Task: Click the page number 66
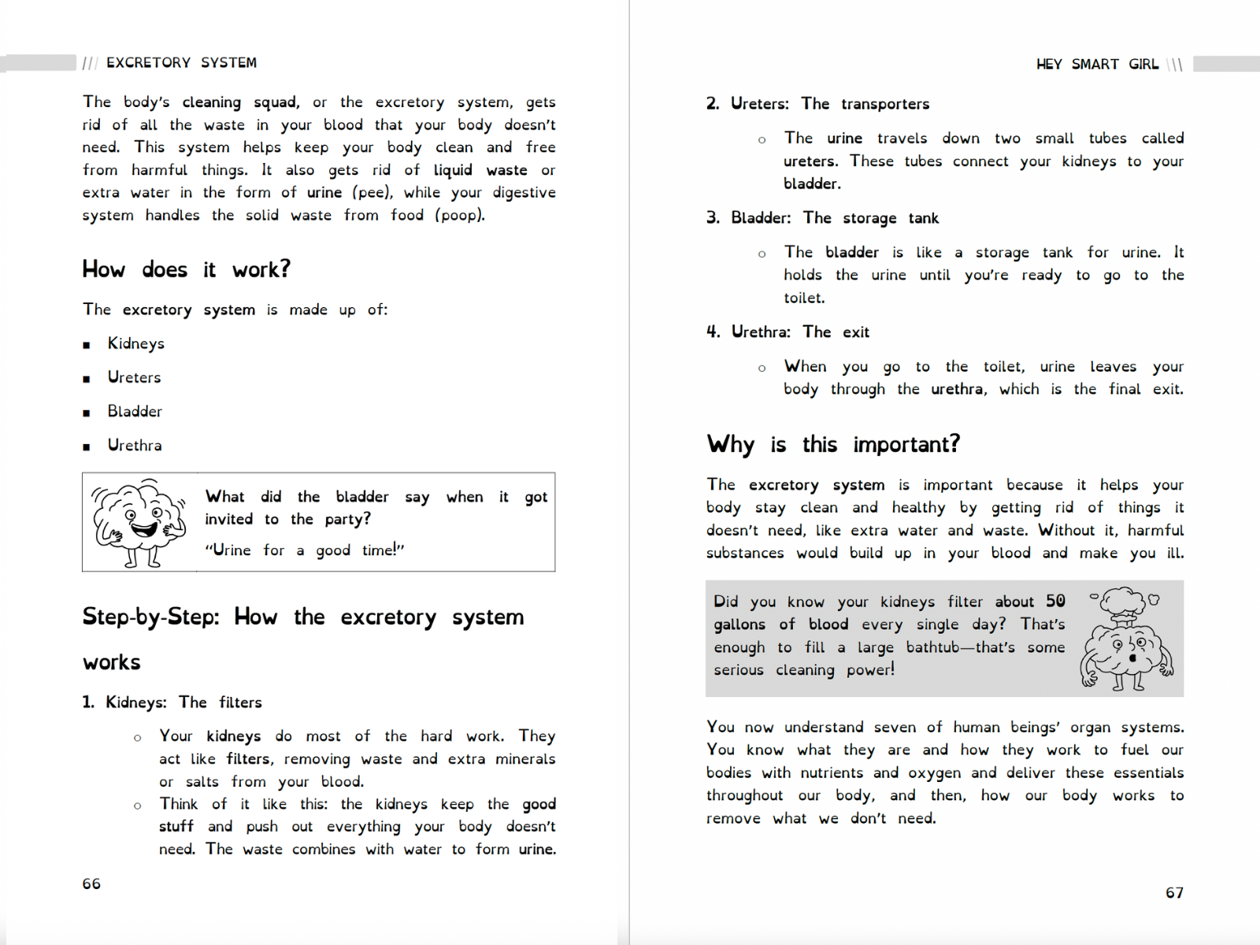(91, 884)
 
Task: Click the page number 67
(1174, 892)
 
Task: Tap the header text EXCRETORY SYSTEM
(181, 63)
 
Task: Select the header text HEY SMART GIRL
(1097, 65)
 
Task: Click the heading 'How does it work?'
(186, 269)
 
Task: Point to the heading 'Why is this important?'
(833, 444)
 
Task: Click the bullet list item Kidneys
(135, 343)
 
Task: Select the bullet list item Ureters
(134, 377)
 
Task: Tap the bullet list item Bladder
(135, 411)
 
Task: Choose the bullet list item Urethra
(135, 445)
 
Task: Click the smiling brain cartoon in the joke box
(139, 521)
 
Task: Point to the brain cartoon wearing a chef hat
(1126, 639)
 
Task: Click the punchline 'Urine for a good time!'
(305, 550)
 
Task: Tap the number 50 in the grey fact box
(1055, 602)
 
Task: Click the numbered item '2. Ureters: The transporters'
(817, 104)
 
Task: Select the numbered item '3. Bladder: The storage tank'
(822, 218)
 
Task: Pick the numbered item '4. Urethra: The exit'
(787, 332)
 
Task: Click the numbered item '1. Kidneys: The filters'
(172, 702)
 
